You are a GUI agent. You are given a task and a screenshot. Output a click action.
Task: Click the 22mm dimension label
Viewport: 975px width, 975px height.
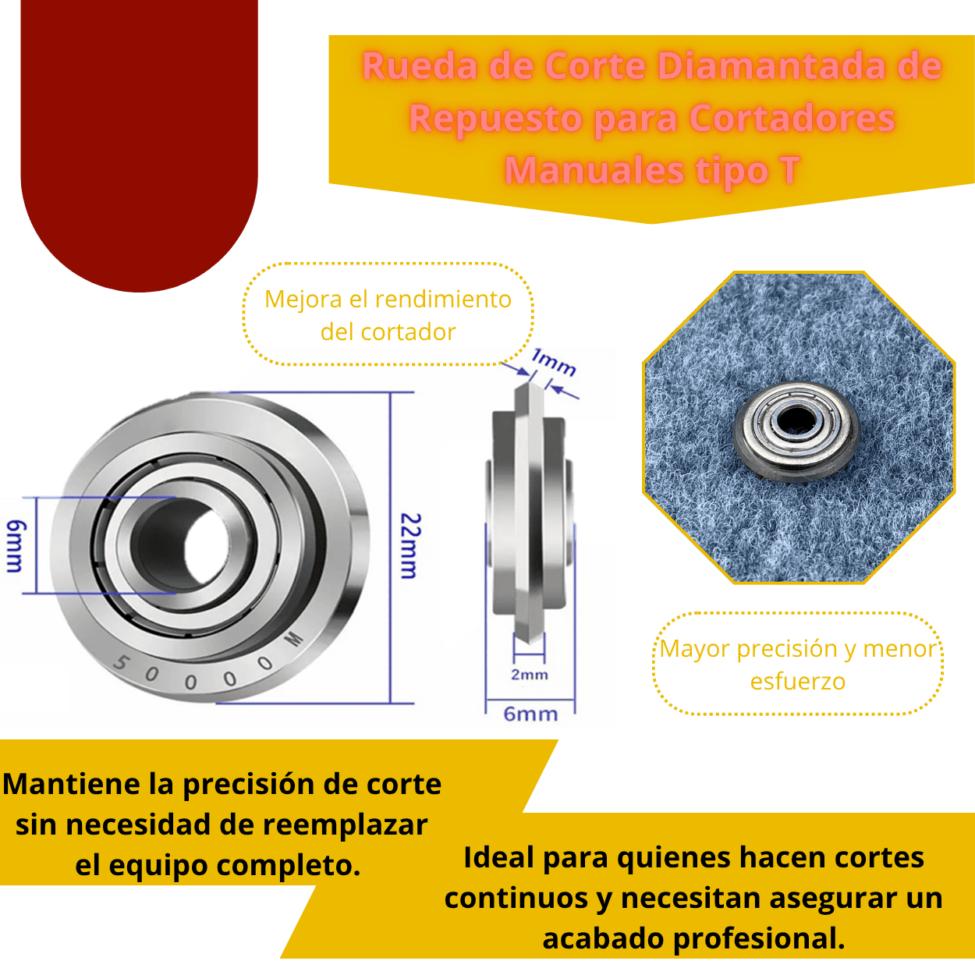click(x=410, y=546)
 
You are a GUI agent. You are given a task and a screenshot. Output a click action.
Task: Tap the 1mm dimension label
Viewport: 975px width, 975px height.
click(x=554, y=362)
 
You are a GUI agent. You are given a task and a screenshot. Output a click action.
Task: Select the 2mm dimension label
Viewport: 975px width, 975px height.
click(x=529, y=675)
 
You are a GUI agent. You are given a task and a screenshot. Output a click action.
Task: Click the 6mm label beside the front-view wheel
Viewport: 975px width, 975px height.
click(x=14, y=546)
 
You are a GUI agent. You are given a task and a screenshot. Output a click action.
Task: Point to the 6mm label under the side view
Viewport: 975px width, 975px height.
click(x=530, y=714)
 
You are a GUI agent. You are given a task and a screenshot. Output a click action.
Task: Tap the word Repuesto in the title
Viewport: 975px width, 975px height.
click(x=496, y=119)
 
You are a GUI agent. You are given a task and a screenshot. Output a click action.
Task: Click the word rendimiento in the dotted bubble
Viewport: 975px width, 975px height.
click(x=441, y=299)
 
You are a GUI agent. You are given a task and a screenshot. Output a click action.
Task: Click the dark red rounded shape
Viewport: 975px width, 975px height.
click(x=140, y=140)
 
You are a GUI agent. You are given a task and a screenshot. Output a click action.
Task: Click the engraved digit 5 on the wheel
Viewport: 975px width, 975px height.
click(x=120, y=664)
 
